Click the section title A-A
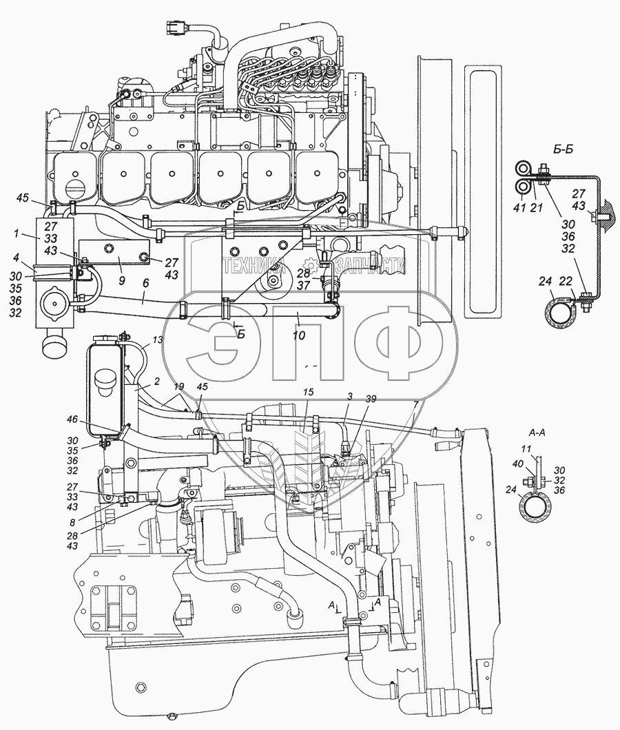click(537, 434)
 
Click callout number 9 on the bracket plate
click(121, 262)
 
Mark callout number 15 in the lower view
click(307, 391)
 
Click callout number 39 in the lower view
click(371, 398)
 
